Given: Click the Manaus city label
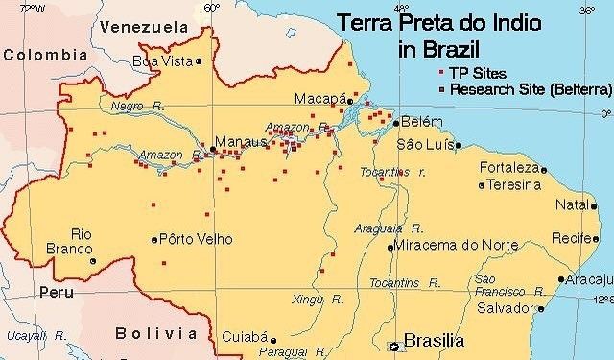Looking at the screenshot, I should tap(242, 142).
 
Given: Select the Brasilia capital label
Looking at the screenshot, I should tap(434, 341).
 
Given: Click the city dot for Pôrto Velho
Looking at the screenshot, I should tap(154, 240).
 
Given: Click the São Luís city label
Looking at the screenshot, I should tap(424, 145).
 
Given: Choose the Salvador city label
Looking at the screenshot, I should tap(504, 308).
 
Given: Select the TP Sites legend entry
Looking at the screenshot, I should tap(475, 72).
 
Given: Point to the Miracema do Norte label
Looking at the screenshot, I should tap(449, 246).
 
